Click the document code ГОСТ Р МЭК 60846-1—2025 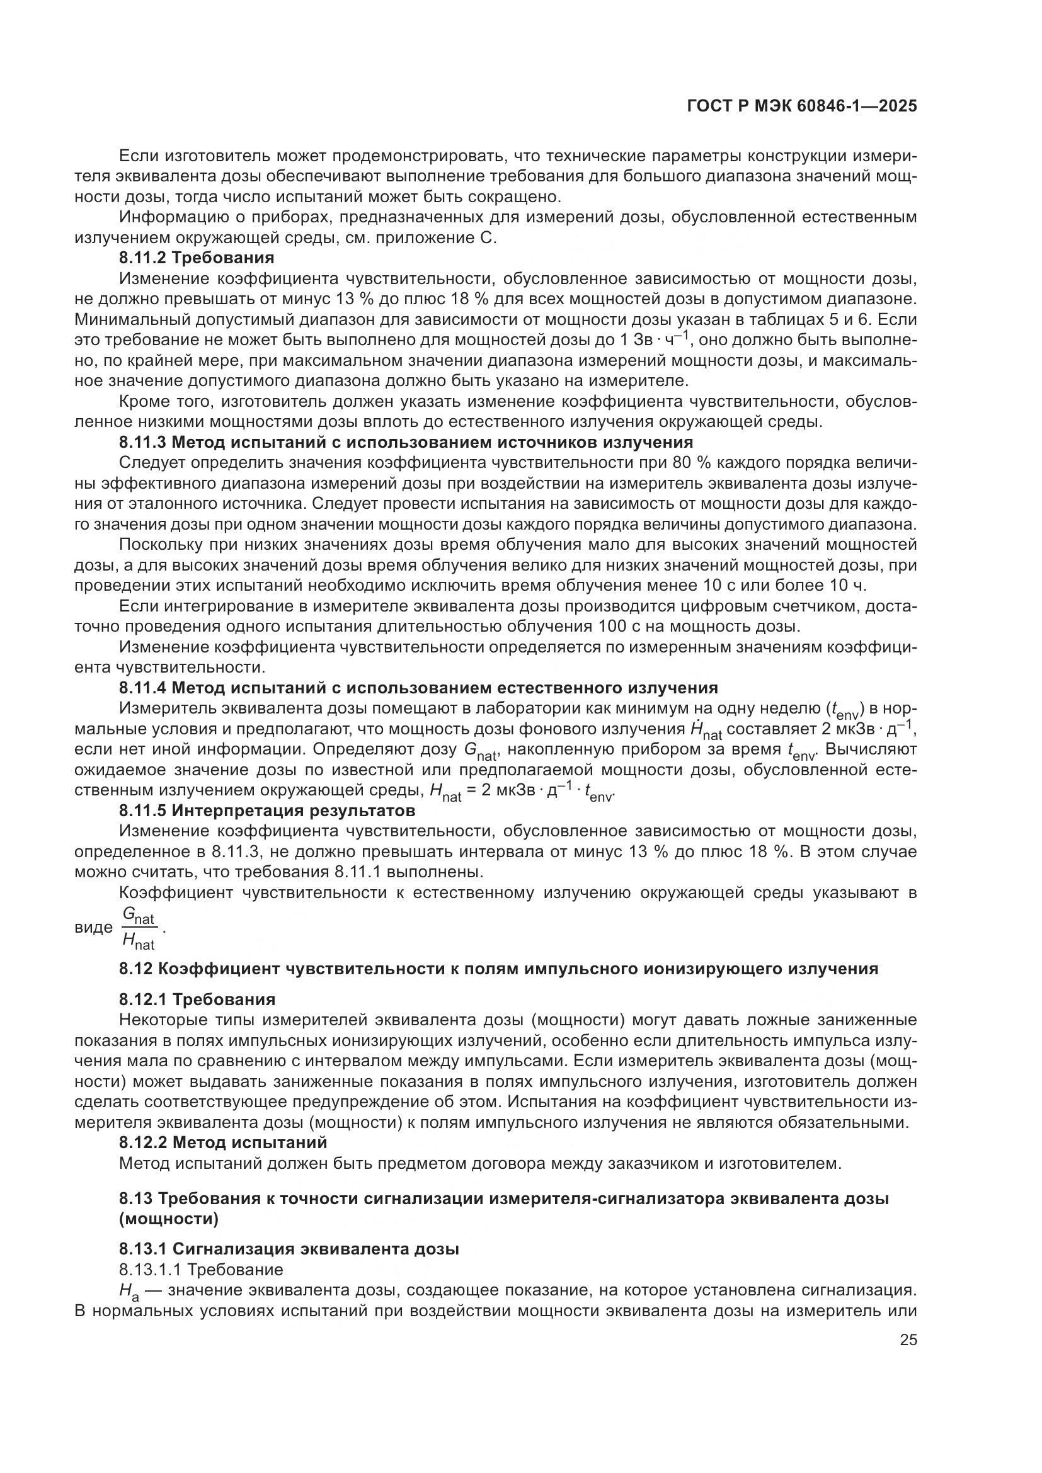801,106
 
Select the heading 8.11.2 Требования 197,258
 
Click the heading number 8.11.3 142,442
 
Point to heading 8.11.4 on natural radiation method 418,688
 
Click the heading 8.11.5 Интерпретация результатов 267,810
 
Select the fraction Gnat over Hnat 139,929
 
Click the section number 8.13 135,1198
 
